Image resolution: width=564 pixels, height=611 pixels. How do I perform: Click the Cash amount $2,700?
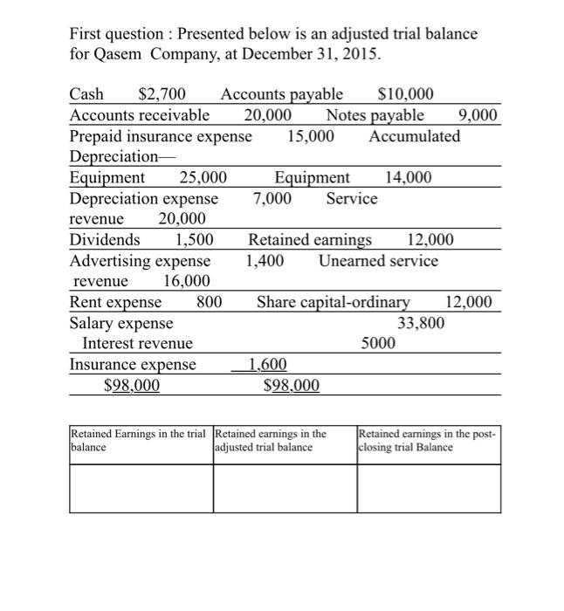point(160,94)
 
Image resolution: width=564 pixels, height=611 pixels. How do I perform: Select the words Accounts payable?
point(281,94)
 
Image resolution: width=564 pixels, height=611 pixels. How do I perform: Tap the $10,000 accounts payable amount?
point(404,94)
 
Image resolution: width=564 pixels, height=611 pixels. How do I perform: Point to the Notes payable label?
point(375,115)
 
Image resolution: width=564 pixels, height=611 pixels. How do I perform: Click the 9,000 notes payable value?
point(478,115)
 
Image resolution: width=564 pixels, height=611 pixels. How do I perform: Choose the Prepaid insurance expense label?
point(161,136)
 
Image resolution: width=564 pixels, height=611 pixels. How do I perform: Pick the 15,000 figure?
point(310,136)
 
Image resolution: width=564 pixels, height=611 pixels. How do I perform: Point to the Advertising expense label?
point(140,260)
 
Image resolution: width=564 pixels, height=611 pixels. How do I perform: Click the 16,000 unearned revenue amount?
point(186,281)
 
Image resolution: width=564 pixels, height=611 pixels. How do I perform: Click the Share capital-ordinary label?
point(333,302)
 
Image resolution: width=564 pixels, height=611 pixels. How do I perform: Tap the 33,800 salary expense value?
point(421,323)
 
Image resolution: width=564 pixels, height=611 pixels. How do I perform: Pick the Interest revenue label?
point(137,344)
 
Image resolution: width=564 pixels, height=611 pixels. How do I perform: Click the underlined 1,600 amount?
point(267,365)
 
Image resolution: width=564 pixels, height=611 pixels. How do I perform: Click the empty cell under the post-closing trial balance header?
point(428,488)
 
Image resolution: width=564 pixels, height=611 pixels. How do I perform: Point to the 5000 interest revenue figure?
point(378,344)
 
